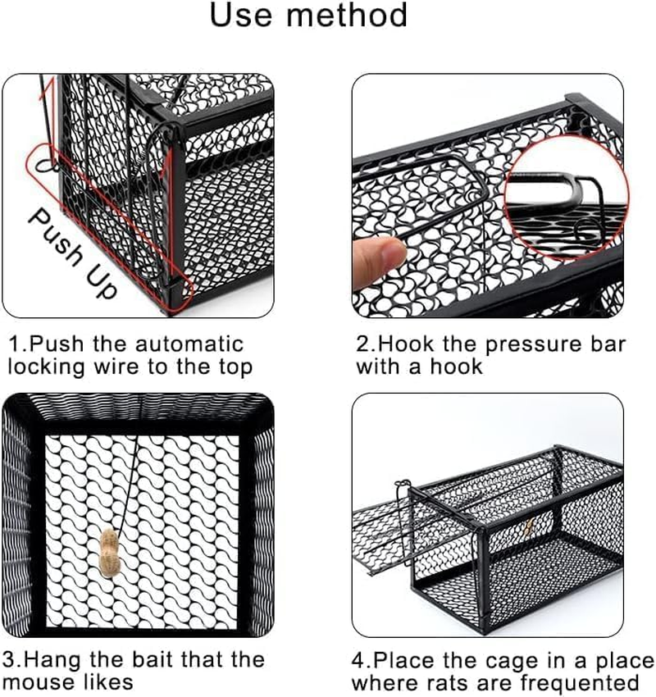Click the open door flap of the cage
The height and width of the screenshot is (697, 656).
[x=385, y=525]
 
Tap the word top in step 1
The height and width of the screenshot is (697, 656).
[x=235, y=367]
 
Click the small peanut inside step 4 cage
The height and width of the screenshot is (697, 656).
[x=530, y=523]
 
